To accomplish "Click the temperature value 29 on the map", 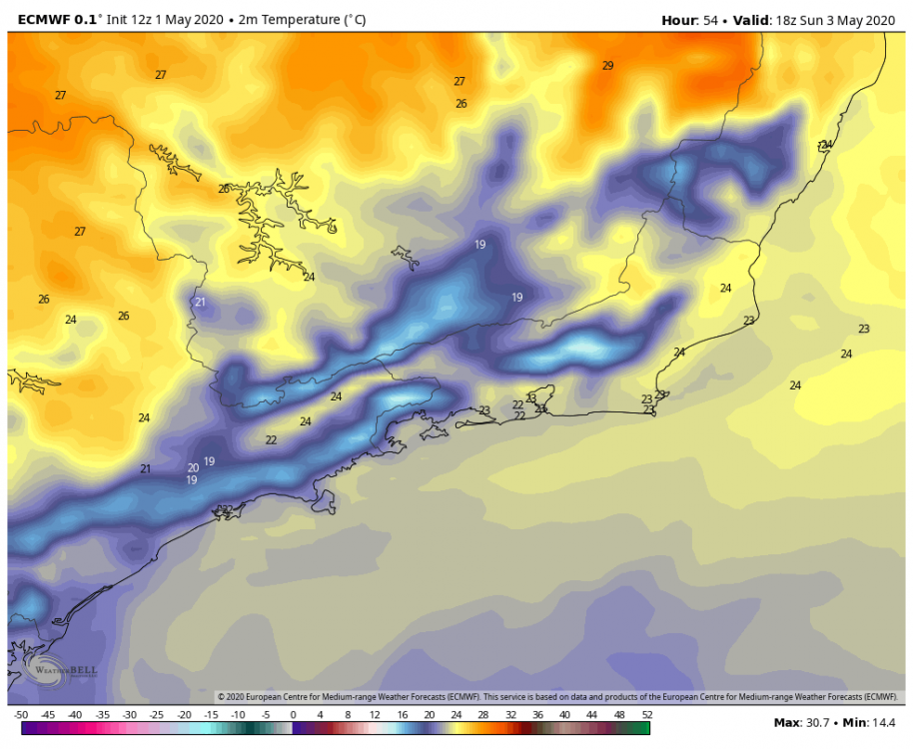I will coord(607,66).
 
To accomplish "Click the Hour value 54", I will coord(710,19).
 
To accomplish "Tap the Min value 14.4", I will coord(882,722).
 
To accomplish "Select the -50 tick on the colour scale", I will coord(20,715).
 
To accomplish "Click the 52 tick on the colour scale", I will coord(647,715).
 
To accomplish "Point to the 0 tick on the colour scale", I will coord(293,715).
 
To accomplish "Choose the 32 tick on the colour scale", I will coord(510,715).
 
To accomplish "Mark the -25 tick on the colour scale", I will coord(157,715).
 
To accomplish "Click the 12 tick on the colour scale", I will coord(375,715).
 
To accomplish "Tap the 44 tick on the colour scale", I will coord(592,715).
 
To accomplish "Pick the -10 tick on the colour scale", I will coord(238,715).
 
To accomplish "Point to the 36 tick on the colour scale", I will coord(538,715).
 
